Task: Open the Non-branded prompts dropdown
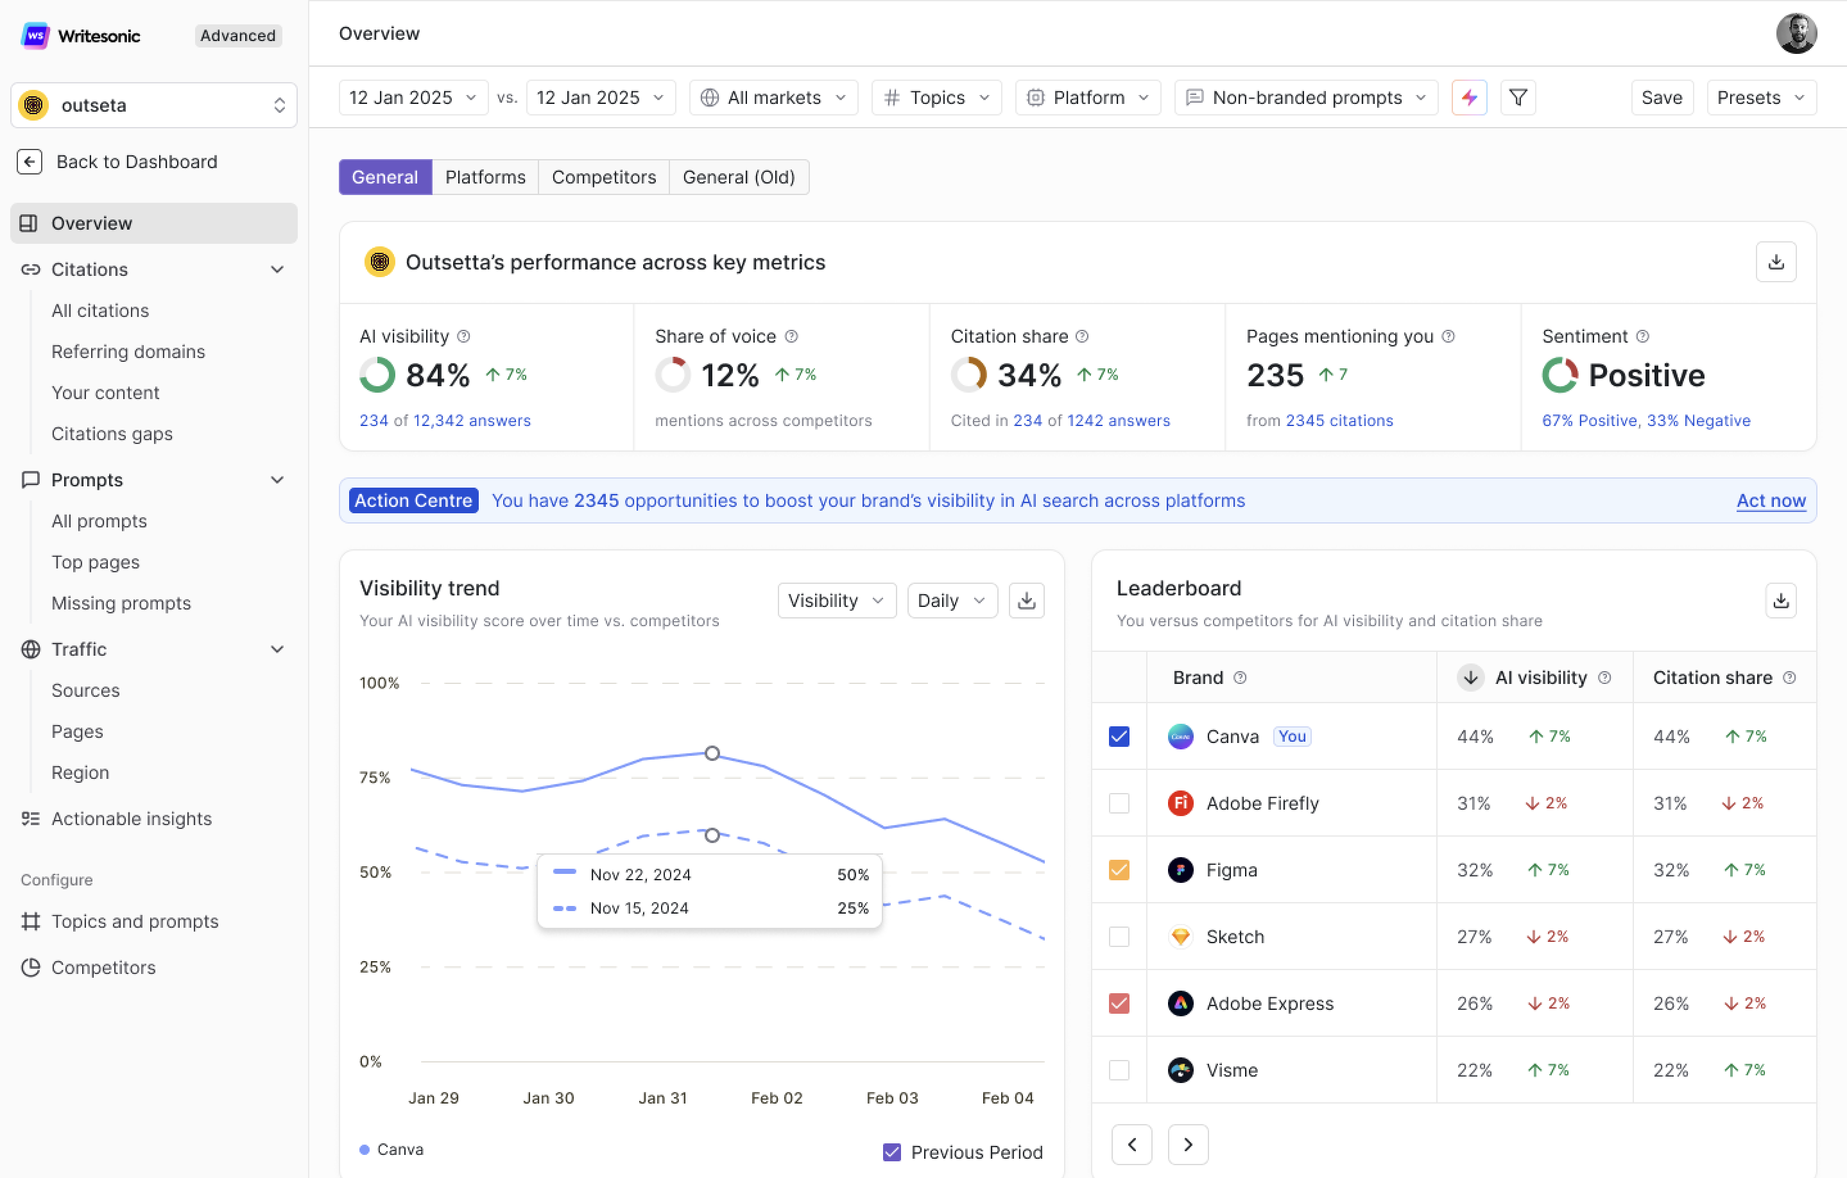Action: coord(1305,98)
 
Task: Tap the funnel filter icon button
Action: coord(1517,98)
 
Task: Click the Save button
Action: coord(1662,98)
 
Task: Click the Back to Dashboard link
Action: coord(137,162)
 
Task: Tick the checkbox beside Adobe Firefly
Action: coord(1119,803)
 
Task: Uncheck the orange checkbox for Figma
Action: coord(1119,869)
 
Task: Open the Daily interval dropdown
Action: coord(951,601)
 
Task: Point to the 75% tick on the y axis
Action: coord(374,778)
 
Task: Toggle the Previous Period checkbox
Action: coord(891,1152)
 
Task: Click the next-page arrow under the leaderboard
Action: coord(1187,1144)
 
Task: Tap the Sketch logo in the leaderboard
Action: coord(1180,936)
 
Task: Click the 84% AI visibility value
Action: coord(437,375)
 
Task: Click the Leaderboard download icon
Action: coord(1780,601)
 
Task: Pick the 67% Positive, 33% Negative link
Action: coord(1646,420)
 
